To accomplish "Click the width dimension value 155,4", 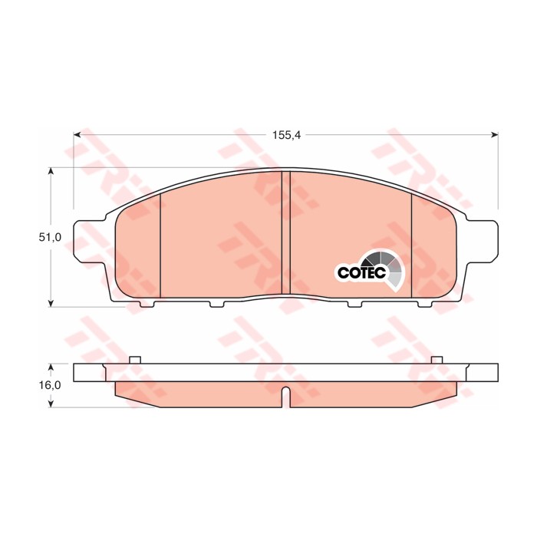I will point(285,135).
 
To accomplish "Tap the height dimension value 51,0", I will point(51,238).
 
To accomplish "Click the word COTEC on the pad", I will point(357,272).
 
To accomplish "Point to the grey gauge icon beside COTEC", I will point(386,268).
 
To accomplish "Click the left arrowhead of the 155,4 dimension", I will point(77,135).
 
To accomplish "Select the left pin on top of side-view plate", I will point(135,360).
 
